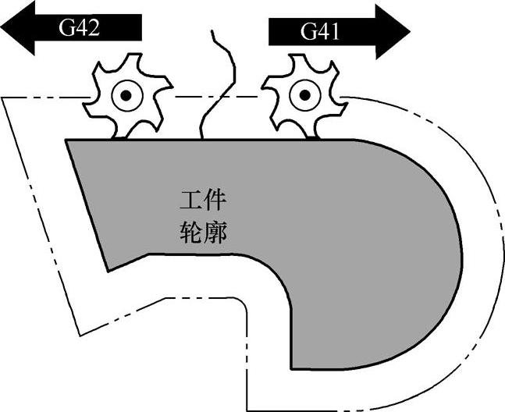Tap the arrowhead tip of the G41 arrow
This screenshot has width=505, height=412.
(x=409, y=31)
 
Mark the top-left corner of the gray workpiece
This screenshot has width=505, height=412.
(x=67, y=140)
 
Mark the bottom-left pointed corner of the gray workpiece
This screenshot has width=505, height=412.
(x=107, y=270)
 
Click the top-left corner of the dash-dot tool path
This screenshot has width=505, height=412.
(x=5, y=98)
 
